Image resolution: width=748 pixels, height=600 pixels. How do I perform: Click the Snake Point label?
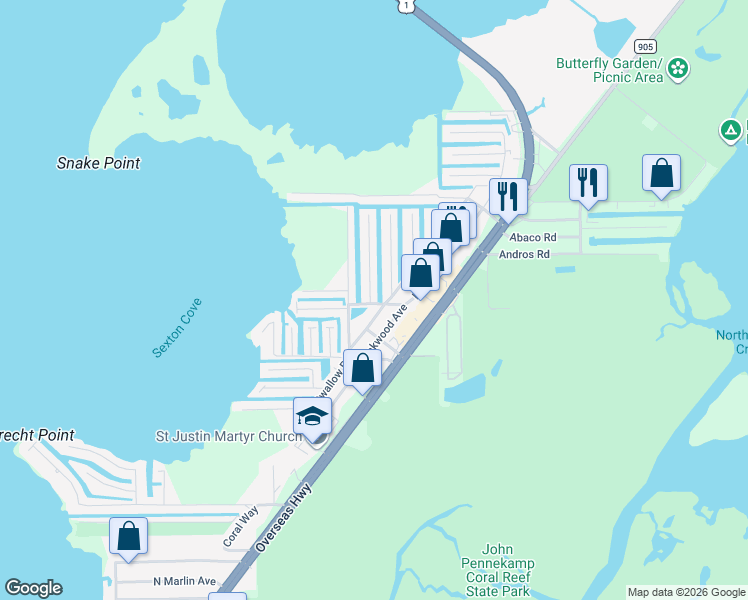click(98, 163)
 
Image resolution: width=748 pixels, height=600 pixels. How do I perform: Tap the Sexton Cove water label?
click(178, 327)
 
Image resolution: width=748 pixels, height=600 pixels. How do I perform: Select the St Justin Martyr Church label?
click(228, 436)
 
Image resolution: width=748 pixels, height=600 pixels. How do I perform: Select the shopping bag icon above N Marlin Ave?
click(129, 536)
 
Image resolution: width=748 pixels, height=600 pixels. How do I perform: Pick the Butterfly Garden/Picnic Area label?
click(610, 70)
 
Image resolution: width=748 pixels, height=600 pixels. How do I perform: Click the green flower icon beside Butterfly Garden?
click(679, 68)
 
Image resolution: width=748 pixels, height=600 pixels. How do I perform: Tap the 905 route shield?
click(645, 46)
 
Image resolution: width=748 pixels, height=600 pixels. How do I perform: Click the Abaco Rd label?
click(532, 237)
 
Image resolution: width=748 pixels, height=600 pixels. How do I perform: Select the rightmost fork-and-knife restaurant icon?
click(588, 183)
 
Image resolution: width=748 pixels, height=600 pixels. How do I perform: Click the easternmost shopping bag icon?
click(662, 173)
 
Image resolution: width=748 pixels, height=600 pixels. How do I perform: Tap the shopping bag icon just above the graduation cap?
click(363, 368)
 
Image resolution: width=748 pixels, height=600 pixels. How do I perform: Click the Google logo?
click(33, 588)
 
